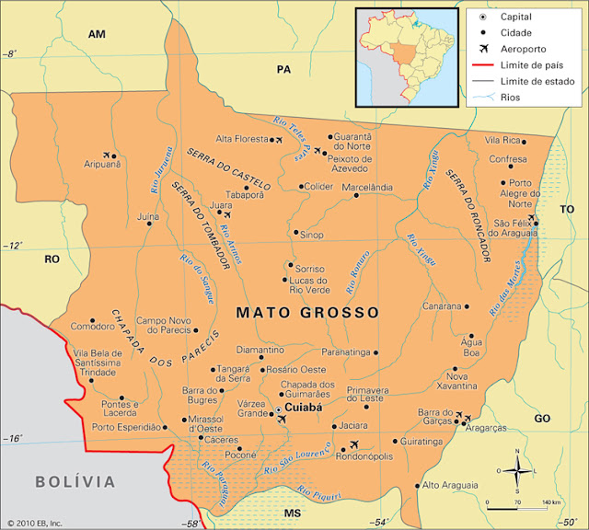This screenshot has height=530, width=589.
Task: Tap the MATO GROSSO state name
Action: (x=307, y=313)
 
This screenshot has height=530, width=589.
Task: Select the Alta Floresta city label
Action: (x=242, y=139)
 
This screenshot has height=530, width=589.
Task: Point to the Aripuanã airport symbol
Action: (x=109, y=155)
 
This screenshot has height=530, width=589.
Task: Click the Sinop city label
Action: (x=313, y=236)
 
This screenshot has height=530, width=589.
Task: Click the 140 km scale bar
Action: (x=525, y=506)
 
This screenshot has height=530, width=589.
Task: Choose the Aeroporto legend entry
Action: (x=523, y=48)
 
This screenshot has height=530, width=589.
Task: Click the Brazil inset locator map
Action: (x=406, y=55)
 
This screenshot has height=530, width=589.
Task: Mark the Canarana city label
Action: (x=441, y=305)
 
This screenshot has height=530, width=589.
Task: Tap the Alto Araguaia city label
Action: (x=450, y=485)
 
